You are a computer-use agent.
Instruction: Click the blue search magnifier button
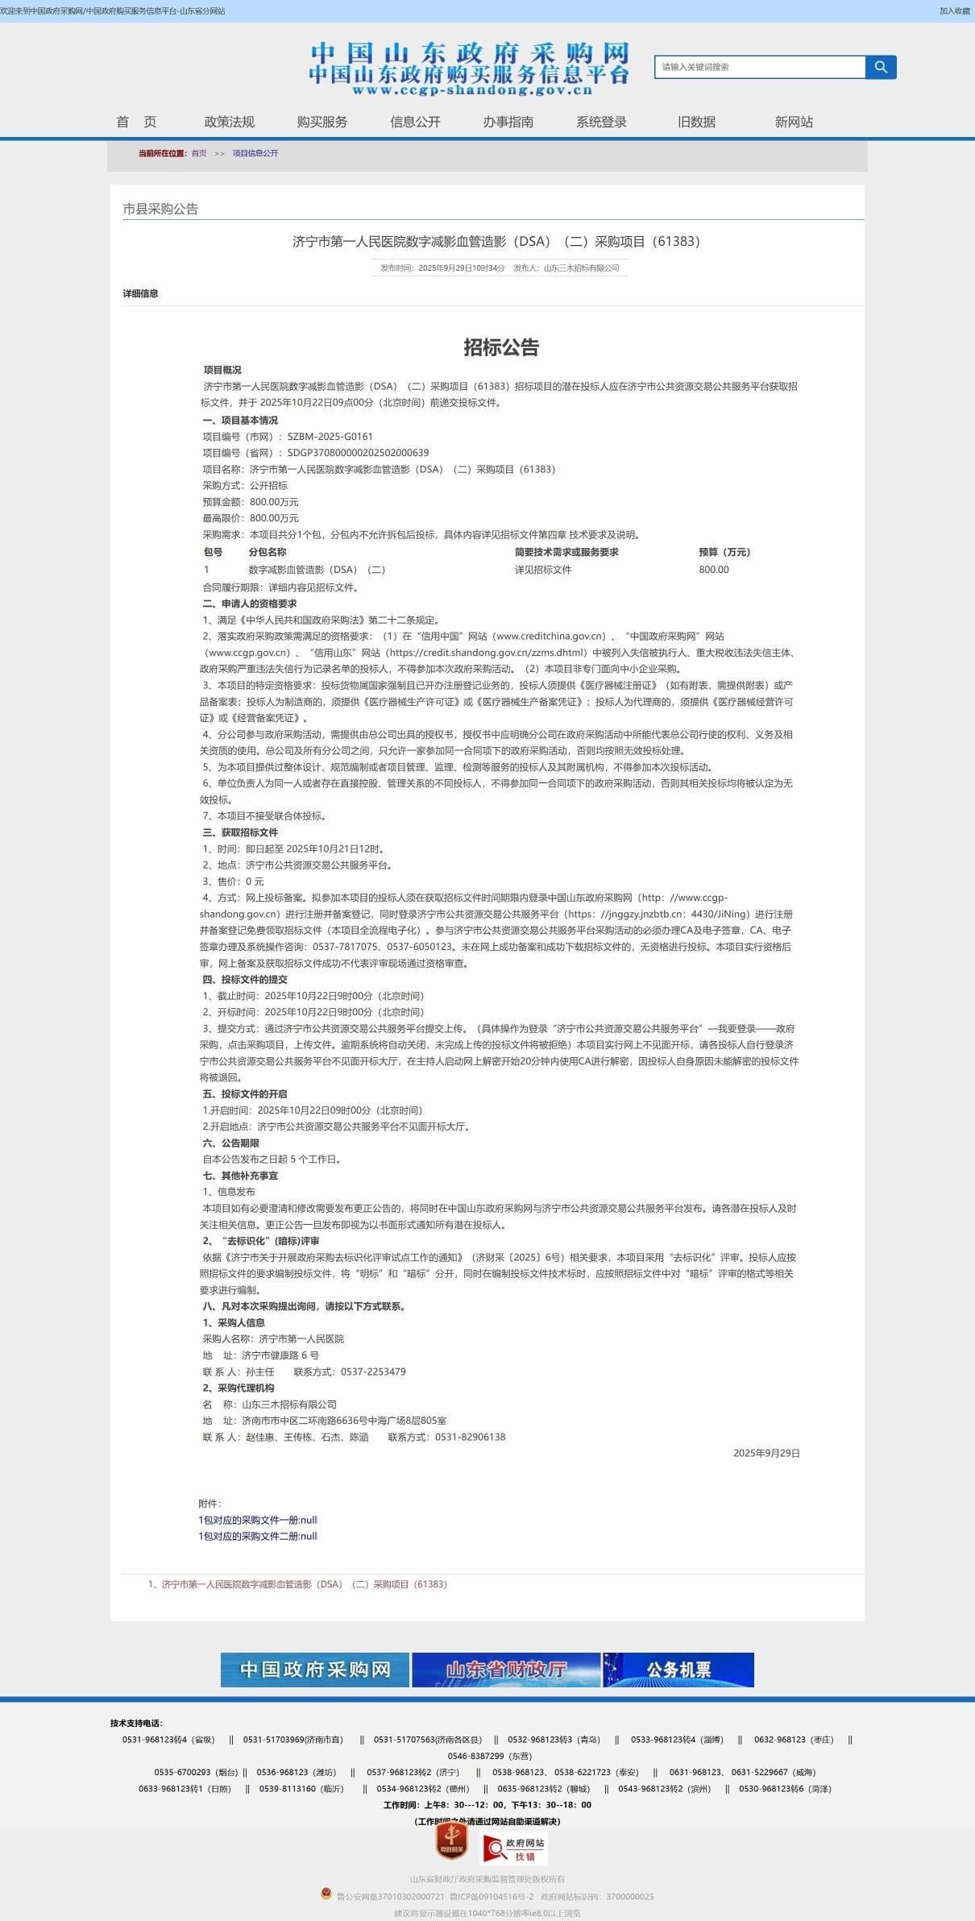[x=881, y=67]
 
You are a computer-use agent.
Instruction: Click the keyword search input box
[x=759, y=67]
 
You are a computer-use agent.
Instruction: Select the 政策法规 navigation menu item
[x=230, y=122]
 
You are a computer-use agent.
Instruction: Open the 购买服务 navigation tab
[x=322, y=122]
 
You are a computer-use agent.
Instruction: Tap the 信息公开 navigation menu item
[x=415, y=122]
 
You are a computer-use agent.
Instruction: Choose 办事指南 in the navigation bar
[x=508, y=122]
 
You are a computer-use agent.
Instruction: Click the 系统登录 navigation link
[x=601, y=122]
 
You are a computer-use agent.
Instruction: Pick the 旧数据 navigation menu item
[x=696, y=122]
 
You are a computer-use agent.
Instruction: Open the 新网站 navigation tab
[x=794, y=122]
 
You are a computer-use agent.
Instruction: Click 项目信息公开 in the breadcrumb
[x=255, y=153]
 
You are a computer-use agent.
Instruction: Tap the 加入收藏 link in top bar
[x=954, y=11]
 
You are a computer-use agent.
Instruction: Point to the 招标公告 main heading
[x=500, y=347]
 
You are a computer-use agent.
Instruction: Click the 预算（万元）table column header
[x=724, y=552]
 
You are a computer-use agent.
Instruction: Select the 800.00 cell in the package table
[x=714, y=570]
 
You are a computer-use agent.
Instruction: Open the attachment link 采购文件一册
[x=258, y=1520]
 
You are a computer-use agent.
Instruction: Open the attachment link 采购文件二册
[x=258, y=1536]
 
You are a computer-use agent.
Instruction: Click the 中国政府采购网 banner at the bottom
[x=315, y=1670]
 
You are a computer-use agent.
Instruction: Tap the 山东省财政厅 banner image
[x=506, y=1670]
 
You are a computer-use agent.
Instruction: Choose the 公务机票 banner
[x=678, y=1670]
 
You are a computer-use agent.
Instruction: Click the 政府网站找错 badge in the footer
[x=514, y=1848]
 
